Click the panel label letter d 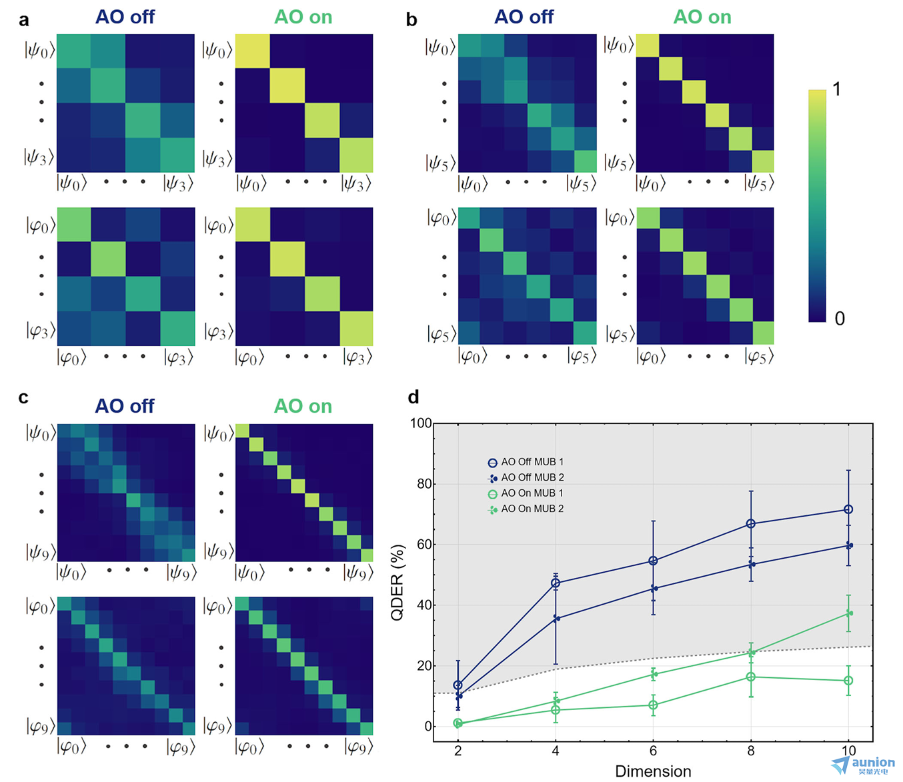[413, 397]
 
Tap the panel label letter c [23, 398]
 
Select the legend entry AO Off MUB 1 [532, 462]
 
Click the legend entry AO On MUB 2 [532, 509]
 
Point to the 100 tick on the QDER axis [421, 423]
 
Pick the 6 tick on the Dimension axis [653, 751]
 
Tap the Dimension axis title [653, 771]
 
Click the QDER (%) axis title [397, 583]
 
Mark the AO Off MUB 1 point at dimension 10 [848, 509]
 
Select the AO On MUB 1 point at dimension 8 [751, 677]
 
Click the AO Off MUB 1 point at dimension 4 [556, 583]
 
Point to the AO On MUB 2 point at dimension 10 [849, 613]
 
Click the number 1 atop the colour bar [836, 89]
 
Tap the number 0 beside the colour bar [840, 319]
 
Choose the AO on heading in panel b [702, 17]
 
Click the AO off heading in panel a [125, 17]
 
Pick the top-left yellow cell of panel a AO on [253, 51]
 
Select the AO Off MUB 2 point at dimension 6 [654, 589]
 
